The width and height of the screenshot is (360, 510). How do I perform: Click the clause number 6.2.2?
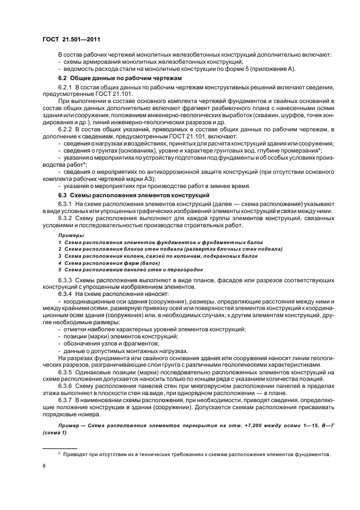(x=65, y=128)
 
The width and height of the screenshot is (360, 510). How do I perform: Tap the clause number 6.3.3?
(x=65, y=280)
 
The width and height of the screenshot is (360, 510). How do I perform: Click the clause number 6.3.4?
(x=65, y=293)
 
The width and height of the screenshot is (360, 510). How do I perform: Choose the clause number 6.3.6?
(x=65, y=385)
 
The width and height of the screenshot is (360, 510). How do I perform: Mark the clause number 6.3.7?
(x=65, y=399)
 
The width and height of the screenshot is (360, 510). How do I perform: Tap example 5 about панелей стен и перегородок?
(x=130, y=269)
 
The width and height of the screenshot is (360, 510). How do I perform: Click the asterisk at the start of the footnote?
(x=59, y=453)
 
